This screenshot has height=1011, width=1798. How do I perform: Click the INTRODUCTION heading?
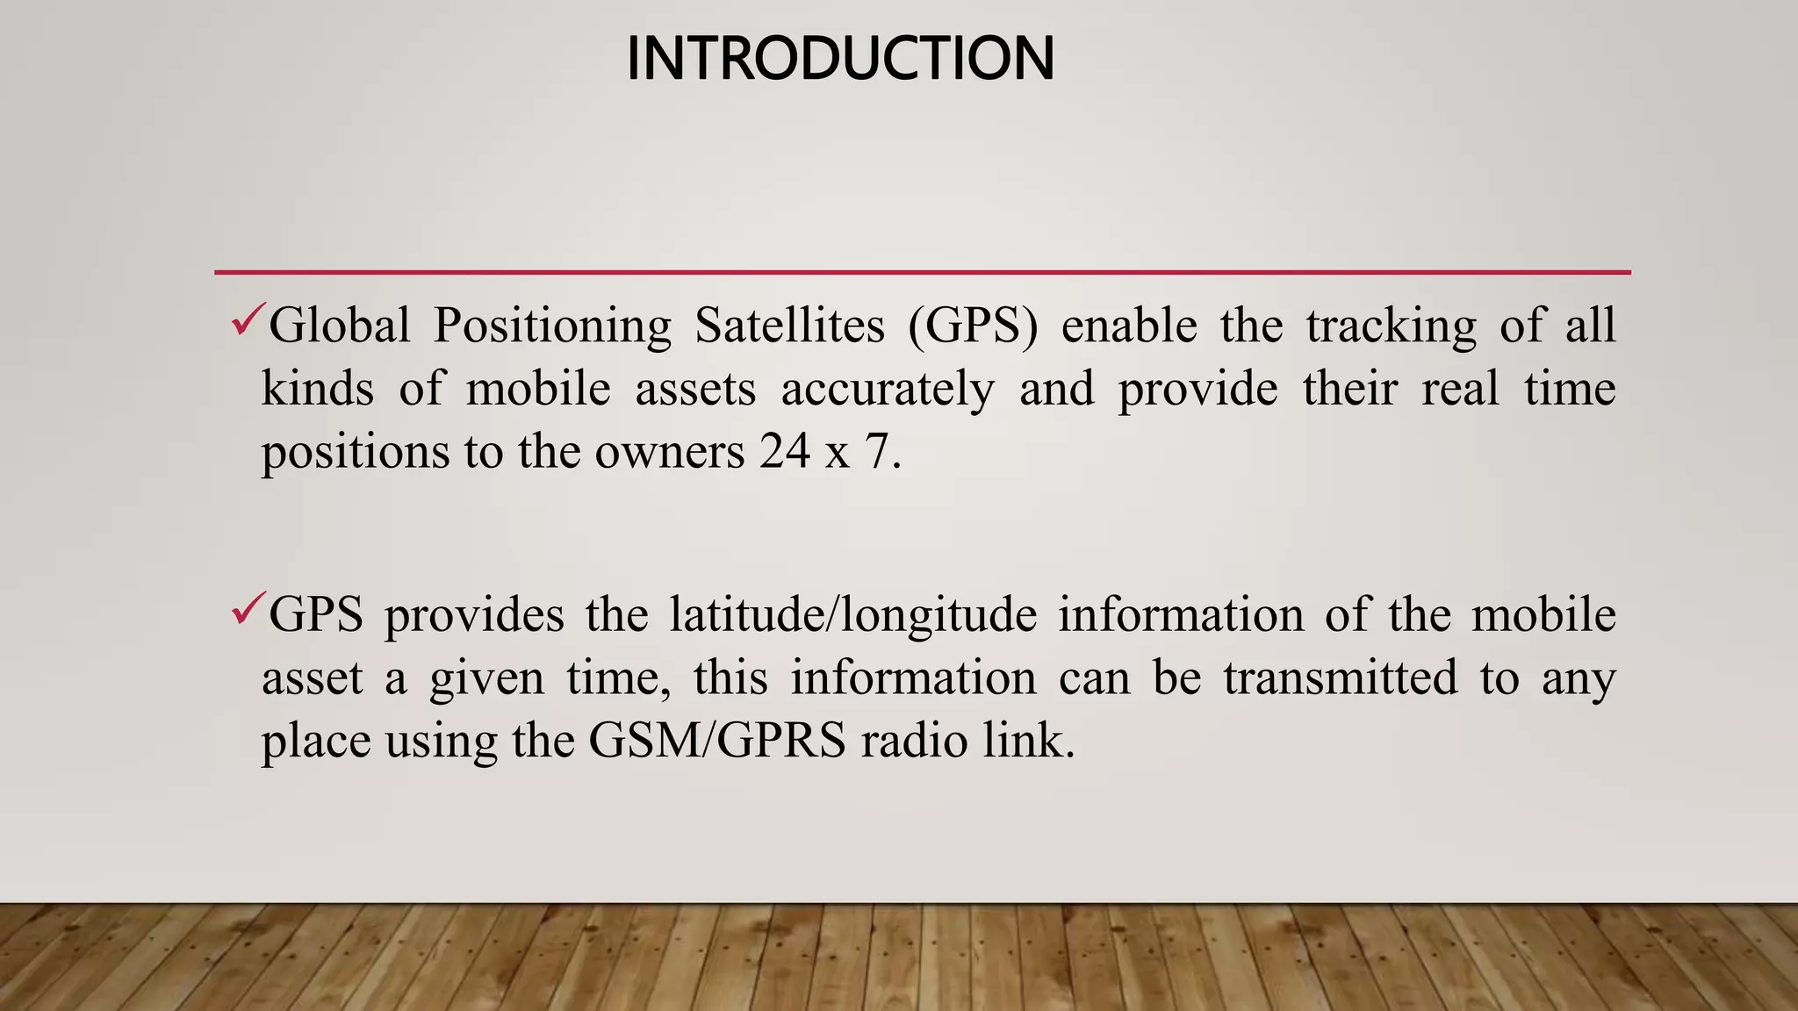[840, 59]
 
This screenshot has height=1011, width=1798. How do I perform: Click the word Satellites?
[789, 326]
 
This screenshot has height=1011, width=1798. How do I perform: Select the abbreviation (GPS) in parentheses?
[973, 326]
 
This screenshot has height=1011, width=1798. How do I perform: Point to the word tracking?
[1391, 326]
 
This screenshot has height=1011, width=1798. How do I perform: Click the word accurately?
[888, 390]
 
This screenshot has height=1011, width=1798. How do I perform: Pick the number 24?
[784, 452]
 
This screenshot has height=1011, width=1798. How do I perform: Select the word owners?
[670, 453]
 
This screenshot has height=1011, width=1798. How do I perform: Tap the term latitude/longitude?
[852, 615]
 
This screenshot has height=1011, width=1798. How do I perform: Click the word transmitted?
[1340, 678]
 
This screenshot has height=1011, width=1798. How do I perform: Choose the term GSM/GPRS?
[717, 741]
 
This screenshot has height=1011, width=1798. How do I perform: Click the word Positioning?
[552, 326]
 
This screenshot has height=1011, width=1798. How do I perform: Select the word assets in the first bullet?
[694, 390]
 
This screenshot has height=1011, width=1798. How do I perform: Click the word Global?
[340, 326]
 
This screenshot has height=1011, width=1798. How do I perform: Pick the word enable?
[1129, 326]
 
